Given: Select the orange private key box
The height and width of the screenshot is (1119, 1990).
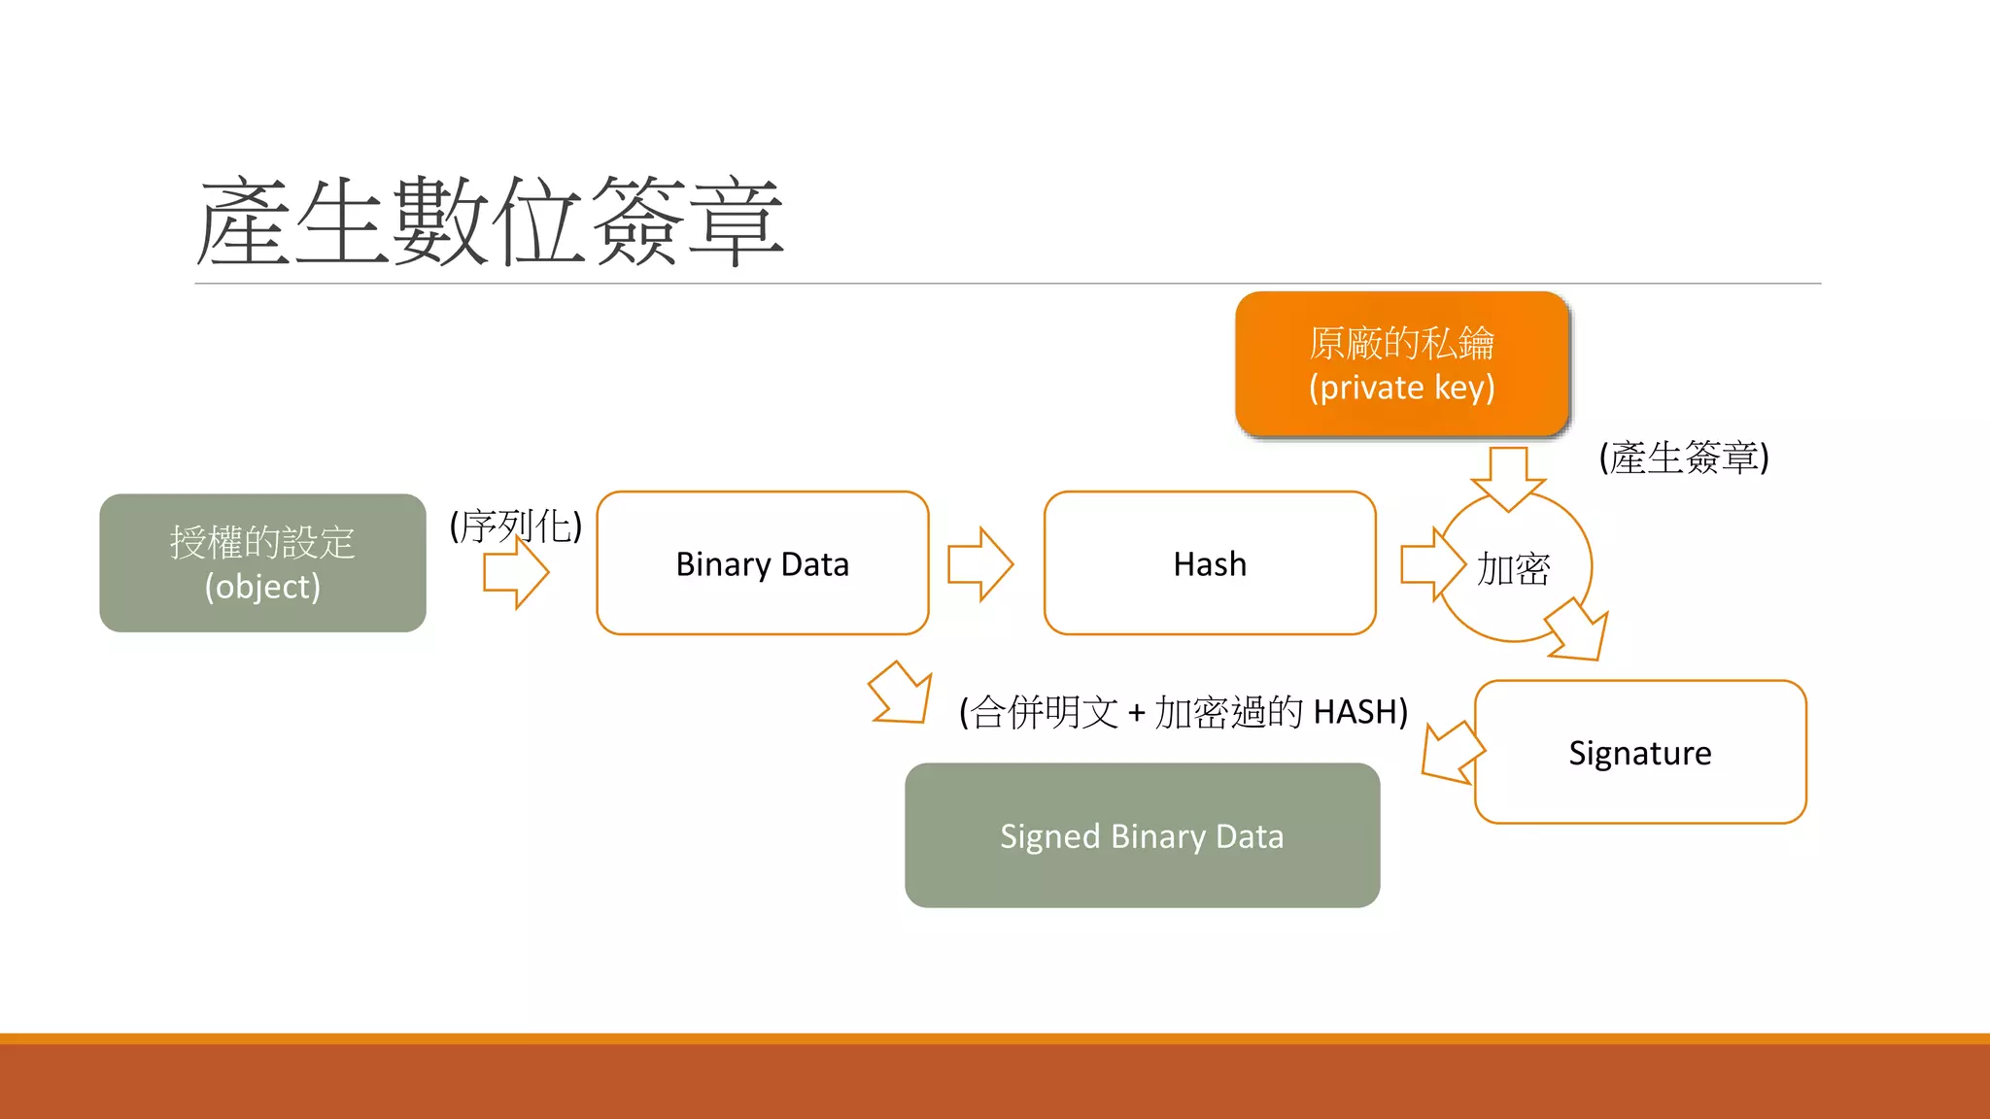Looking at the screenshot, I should click(1401, 364).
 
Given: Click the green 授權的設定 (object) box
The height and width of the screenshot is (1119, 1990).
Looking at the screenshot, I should click(262, 563).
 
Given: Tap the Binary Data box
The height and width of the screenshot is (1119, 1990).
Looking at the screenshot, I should click(762, 563).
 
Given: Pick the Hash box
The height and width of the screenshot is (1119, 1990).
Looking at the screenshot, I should click(1210, 563).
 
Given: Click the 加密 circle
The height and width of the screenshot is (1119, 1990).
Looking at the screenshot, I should click(1513, 569).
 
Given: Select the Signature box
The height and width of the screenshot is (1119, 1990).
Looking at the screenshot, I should click(1640, 753).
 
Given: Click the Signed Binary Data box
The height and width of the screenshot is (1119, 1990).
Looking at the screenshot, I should click(1142, 835).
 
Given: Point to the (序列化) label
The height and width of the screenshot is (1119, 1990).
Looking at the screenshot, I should click(515, 526).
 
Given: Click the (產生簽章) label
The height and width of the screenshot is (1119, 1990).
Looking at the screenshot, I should click(1684, 458).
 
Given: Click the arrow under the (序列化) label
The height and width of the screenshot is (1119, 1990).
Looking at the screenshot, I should click(516, 573).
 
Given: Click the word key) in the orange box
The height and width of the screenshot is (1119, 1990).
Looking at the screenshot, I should click(1464, 388).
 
